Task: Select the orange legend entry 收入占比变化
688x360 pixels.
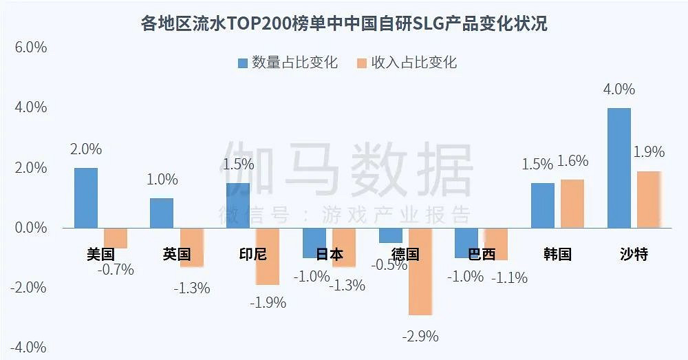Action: pos(407,63)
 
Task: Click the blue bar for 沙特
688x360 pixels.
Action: pos(619,167)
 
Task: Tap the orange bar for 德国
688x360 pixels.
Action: pos(420,271)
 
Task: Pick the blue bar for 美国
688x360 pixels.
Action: pos(86,198)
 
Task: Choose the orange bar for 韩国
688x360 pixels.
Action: pos(572,203)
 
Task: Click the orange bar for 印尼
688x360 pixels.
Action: pos(268,256)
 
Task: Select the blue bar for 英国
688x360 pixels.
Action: pos(162,213)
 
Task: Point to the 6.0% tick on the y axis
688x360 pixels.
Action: pos(28,47)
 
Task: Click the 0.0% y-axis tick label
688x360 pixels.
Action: pos(28,228)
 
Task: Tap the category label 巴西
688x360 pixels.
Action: pos(482,254)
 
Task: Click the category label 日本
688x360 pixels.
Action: pos(330,254)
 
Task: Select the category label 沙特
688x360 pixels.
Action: pos(634,254)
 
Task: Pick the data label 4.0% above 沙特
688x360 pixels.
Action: pos(619,89)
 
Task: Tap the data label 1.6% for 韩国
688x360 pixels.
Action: pos(572,162)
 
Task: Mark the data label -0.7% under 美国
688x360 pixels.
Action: pos(116,270)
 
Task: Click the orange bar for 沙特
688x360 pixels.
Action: pos(649,199)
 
